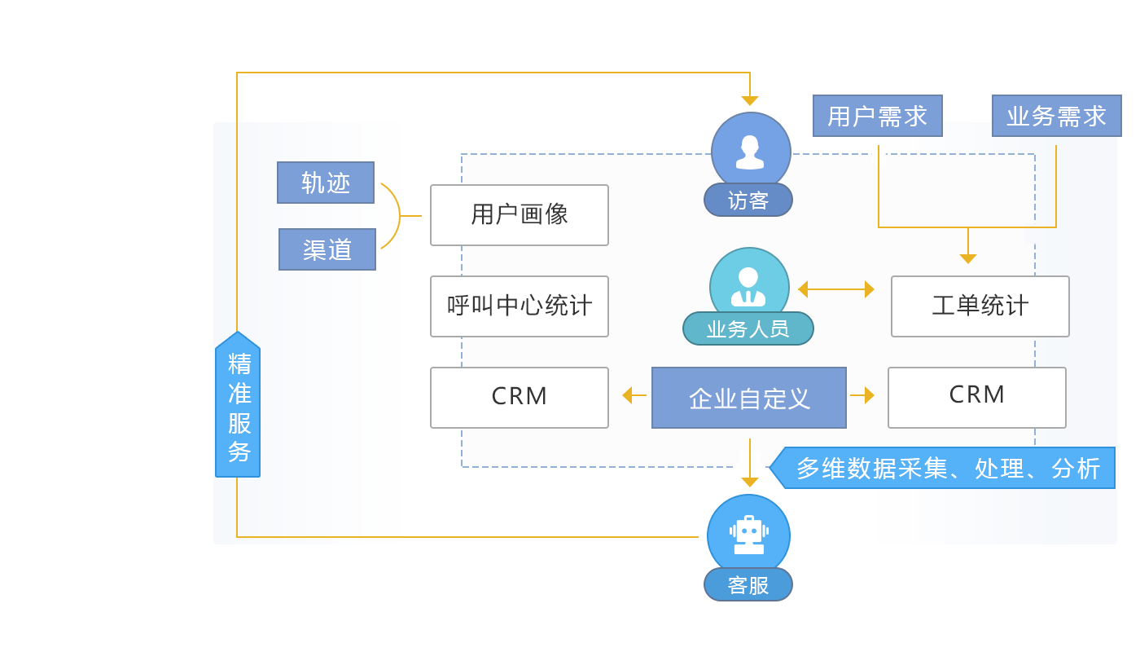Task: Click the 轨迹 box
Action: click(x=326, y=183)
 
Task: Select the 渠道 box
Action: click(x=327, y=249)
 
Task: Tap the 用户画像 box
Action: click(x=520, y=215)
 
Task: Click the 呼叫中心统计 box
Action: click(x=520, y=306)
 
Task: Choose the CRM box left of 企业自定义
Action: click(x=520, y=398)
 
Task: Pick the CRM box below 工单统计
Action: click(x=976, y=398)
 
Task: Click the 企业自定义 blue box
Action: click(x=748, y=398)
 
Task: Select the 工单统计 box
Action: click(x=980, y=306)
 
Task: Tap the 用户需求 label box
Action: click(x=877, y=116)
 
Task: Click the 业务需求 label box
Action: click(x=1056, y=116)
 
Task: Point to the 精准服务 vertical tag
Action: click(x=238, y=405)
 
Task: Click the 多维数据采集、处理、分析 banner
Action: click(x=945, y=469)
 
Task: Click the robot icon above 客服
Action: click(x=748, y=533)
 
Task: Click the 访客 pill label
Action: click(x=748, y=200)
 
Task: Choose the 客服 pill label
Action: click(x=748, y=585)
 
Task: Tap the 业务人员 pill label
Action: click(x=748, y=329)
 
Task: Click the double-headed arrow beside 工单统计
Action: click(x=835, y=289)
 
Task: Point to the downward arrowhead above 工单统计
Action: click(x=967, y=258)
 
